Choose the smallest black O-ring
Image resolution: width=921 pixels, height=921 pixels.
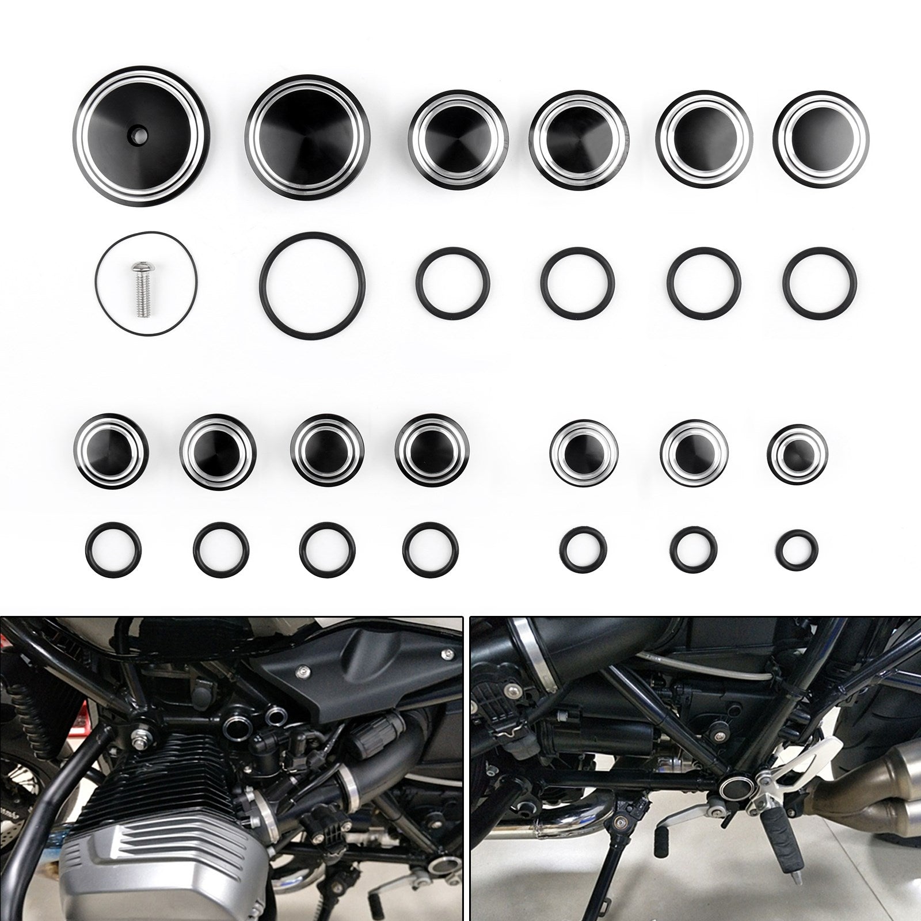coord(797,549)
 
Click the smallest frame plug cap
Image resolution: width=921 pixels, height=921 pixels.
coord(797,452)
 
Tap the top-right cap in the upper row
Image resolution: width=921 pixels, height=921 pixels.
coord(821,136)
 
